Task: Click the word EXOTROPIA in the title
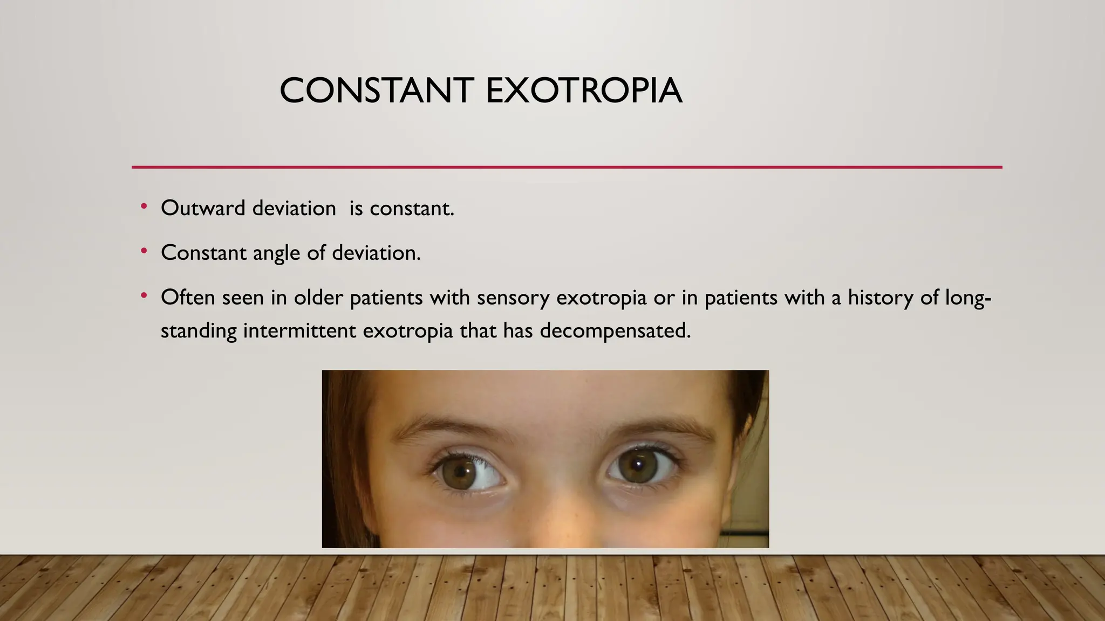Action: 584,91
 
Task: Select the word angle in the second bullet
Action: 276,253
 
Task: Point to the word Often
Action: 188,297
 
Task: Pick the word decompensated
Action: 615,330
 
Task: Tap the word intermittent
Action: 299,330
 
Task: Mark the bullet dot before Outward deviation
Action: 144,206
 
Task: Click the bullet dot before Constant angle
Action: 144,251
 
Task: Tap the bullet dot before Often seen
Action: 144,295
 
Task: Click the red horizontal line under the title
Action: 567,167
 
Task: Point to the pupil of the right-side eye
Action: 637,465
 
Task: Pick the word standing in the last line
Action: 199,330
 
